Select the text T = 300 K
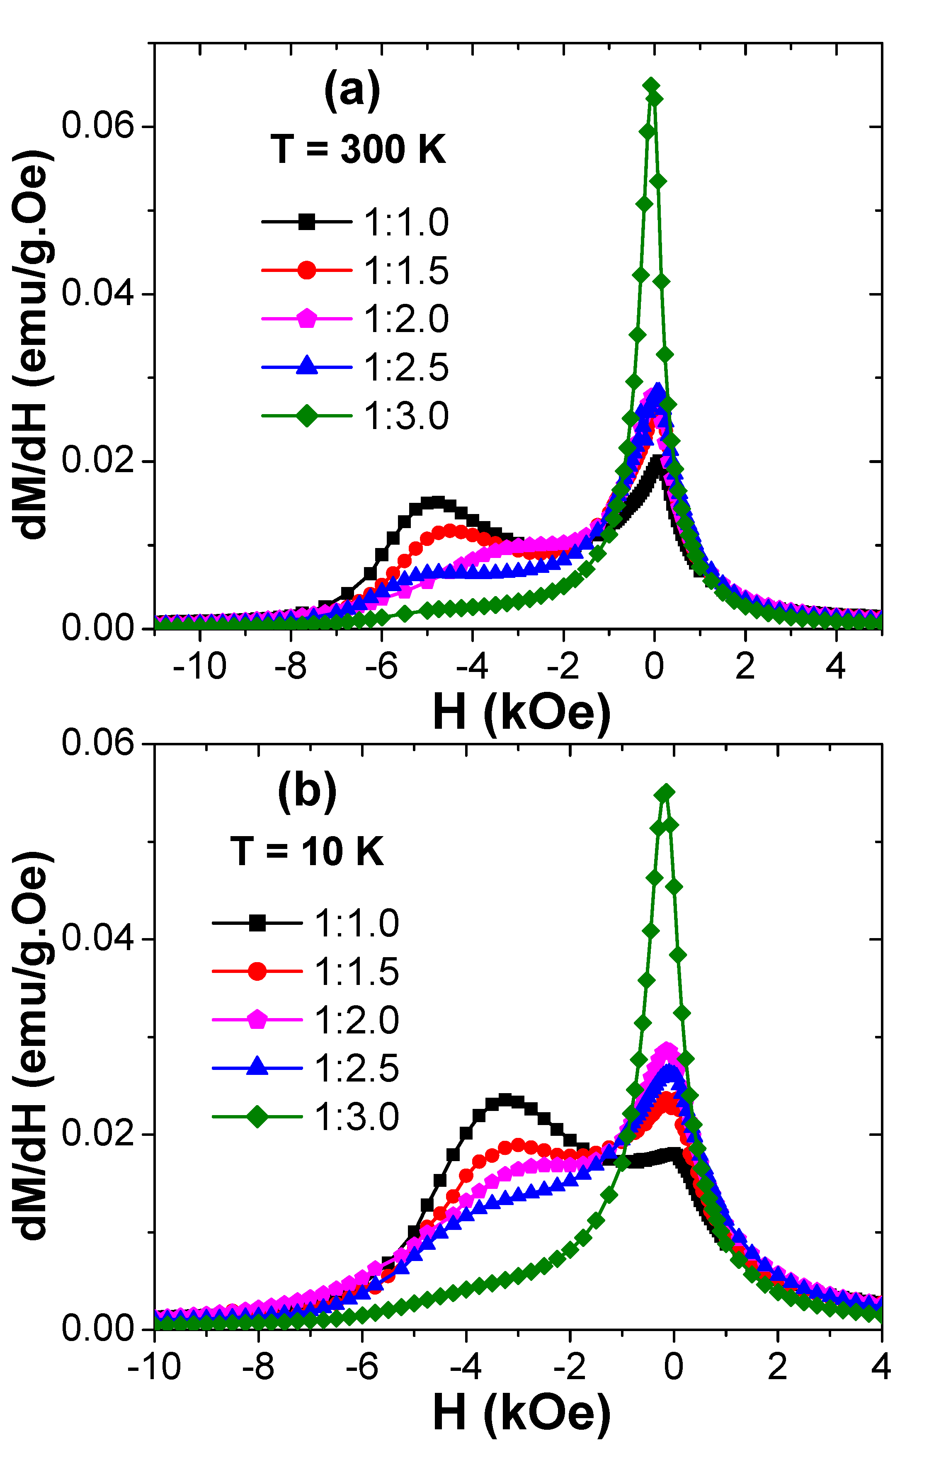click(x=358, y=149)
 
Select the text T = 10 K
click(x=307, y=851)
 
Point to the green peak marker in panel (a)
click(x=651, y=86)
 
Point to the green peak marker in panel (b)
click(x=666, y=793)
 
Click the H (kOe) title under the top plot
click(x=522, y=712)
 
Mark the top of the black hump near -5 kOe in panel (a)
click(x=435, y=502)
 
